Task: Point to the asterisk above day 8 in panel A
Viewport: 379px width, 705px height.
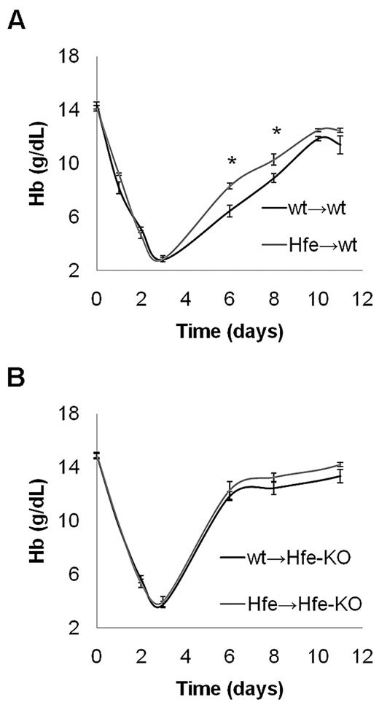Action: point(276,132)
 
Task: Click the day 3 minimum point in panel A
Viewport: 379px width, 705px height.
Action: point(163,259)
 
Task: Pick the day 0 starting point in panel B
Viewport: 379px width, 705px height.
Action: point(97,455)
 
